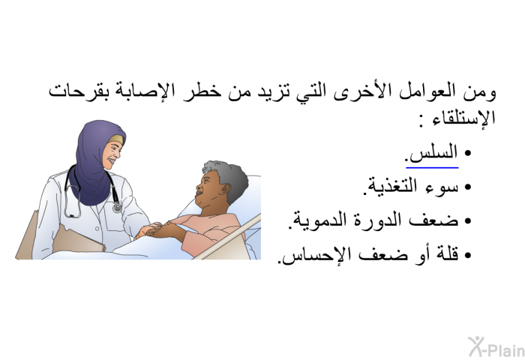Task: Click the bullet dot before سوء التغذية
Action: pos(468,187)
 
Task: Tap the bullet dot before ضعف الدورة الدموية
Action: pos(468,221)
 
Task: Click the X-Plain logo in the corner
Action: pos(496,346)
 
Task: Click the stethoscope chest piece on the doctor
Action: pos(117,207)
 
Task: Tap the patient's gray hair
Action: pos(228,178)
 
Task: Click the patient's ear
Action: pos(225,190)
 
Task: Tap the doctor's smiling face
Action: pos(112,152)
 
